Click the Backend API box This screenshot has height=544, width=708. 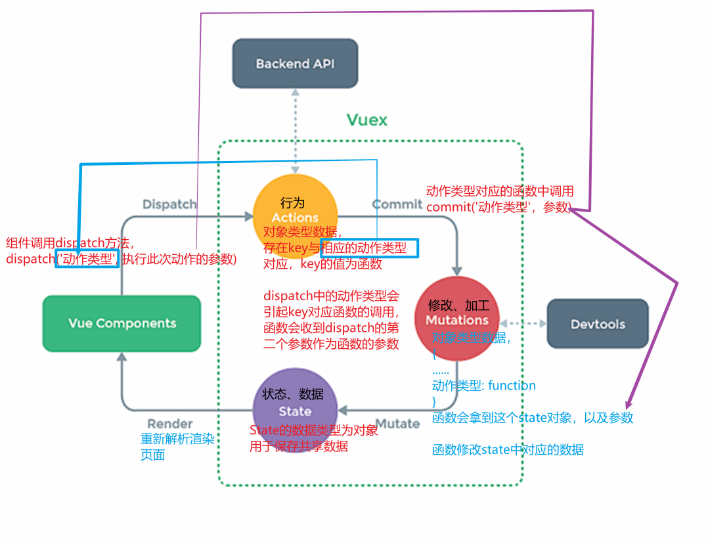(295, 63)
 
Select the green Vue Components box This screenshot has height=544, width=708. (122, 323)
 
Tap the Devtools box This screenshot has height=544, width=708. (597, 324)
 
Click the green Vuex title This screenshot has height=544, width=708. (366, 120)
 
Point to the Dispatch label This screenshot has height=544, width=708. (169, 204)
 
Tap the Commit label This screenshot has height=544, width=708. (397, 204)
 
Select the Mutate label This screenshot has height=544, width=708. (397, 424)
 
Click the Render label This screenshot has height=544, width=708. (170, 424)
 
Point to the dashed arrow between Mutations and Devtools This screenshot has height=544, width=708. (523, 323)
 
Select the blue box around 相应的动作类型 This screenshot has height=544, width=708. (368, 248)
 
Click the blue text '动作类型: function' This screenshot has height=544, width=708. (484, 386)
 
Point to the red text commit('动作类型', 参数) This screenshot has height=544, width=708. (498, 207)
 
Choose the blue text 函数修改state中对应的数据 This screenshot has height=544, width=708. (508, 450)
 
